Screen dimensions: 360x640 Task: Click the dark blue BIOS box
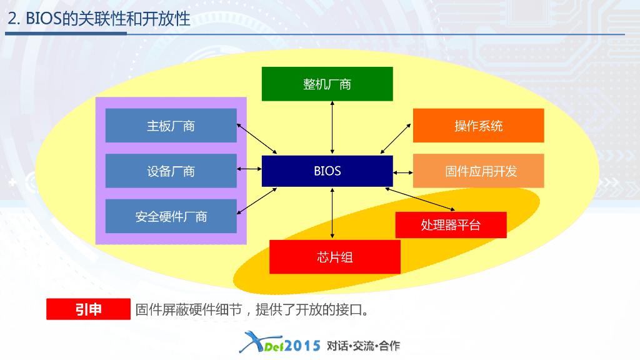327,171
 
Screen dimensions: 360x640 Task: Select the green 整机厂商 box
327,84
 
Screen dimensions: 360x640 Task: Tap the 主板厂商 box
171,126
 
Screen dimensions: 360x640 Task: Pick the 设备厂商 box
171,171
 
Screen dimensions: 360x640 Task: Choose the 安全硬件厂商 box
171,216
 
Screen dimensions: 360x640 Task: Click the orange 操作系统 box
478,126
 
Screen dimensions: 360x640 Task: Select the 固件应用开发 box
478,171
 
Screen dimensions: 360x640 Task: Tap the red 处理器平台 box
451,225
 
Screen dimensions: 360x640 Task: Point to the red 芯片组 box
334,257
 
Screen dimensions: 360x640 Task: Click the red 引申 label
88,309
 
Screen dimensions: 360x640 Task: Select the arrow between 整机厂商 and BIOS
332,127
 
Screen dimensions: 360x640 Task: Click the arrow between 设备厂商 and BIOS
249,169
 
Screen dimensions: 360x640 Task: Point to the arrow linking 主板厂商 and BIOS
257,138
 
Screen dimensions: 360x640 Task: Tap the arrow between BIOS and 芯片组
332,213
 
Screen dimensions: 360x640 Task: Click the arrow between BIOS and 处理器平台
421,199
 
